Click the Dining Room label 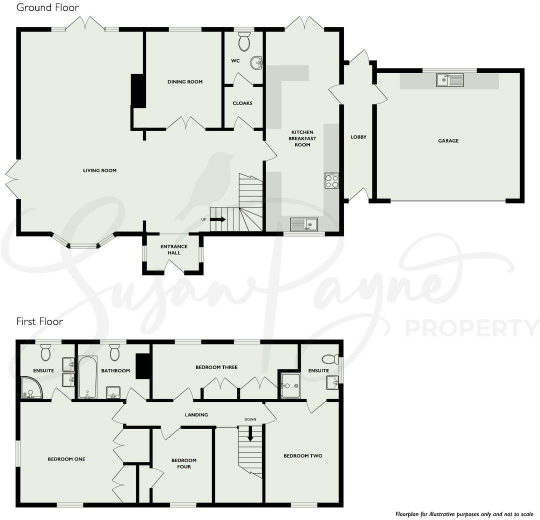click(x=185, y=81)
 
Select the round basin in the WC click(x=256, y=62)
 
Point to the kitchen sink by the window click(x=304, y=224)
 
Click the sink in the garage click(x=449, y=80)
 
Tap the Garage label click(x=448, y=141)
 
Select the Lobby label click(x=358, y=137)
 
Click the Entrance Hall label click(x=174, y=249)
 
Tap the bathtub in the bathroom click(x=87, y=376)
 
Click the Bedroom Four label click(x=184, y=463)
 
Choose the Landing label click(x=196, y=414)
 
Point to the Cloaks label click(x=242, y=103)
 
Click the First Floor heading click(x=40, y=321)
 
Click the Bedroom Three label click(x=216, y=367)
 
